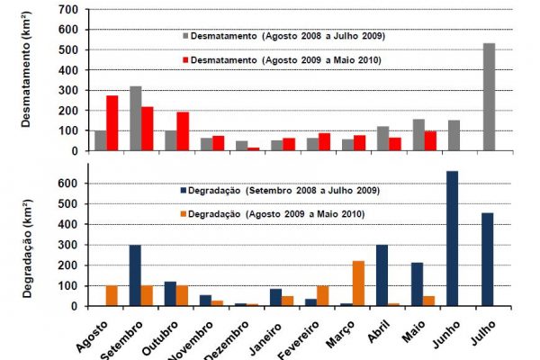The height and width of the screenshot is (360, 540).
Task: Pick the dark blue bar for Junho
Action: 452,238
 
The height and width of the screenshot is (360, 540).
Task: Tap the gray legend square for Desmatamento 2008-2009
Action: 184,35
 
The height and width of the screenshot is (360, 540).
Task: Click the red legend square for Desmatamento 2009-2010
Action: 184,59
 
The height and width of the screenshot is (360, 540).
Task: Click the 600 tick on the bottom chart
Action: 67,183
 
